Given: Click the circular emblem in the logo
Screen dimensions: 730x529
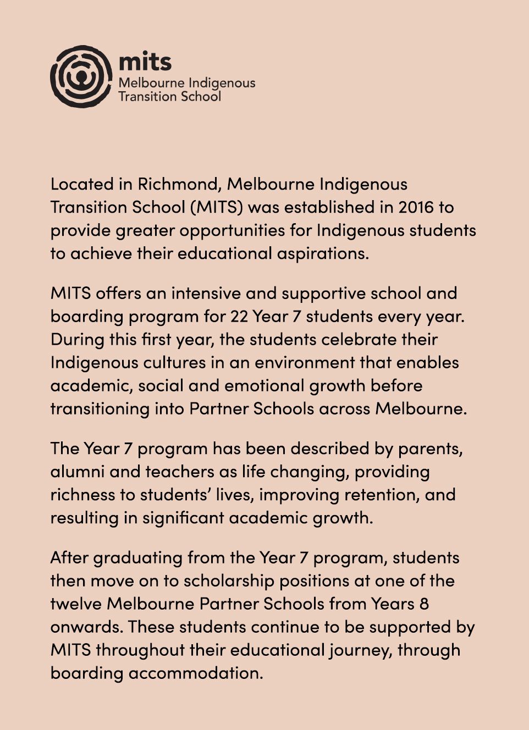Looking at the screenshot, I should click(x=81, y=76).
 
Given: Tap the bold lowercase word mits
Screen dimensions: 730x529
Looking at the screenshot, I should click(x=145, y=62).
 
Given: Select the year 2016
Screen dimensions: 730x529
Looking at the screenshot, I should click(x=416, y=207).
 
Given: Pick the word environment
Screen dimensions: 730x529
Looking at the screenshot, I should click(x=305, y=362).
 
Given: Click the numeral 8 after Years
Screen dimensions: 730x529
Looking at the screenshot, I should click(x=424, y=604).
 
